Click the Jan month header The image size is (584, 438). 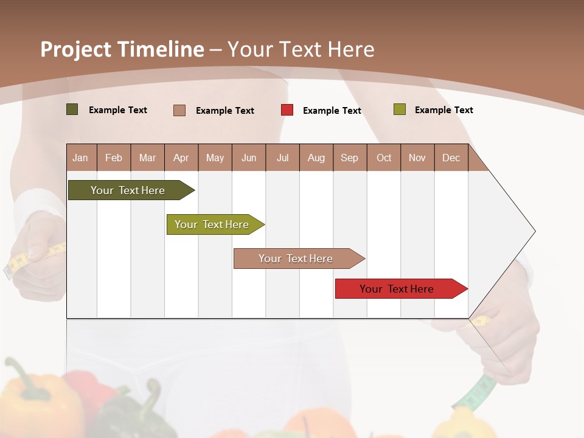pyautogui.click(x=80, y=158)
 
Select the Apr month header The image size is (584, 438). pyautogui.click(x=181, y=158)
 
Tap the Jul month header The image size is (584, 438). pyautogui.click(x=282, y=158)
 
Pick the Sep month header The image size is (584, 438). pyautogui.click(x=349, y=158)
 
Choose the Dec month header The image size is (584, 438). pyautogui.click(x=451, y=158)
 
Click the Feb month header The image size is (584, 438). pyautogui.click(x=114, y=158)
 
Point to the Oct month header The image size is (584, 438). pyautogui.click(x=384, y=158)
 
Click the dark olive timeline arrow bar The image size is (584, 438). pyautogui.click(x=128, y=190)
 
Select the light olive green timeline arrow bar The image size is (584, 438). pyautogui.click(x=212, y=224)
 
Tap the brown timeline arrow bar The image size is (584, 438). pyautogui.click(x=296, y=259)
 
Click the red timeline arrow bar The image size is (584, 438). pyautogui.click(x=397, y=289)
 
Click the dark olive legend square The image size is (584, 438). pyautogui.click(x=72, y=109)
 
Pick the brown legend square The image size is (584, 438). pyautogui.click(x=179, y=110)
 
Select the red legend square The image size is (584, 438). pyautogui.click(x=287, y=110)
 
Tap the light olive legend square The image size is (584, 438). pyautogui.click(x=399, y=109)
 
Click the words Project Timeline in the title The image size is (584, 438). pyautogui.click(x=122, y=49)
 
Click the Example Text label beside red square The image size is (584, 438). pyautogui.click(x=332, y=111)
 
